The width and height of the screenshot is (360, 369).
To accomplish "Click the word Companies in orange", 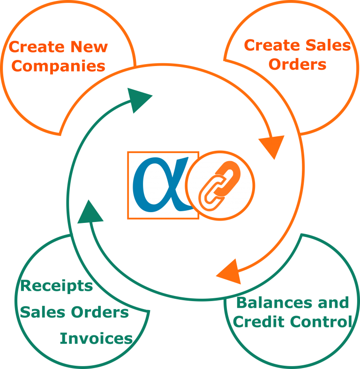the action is tap(58, 66).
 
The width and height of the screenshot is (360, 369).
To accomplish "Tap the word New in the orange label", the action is tap(89, 47).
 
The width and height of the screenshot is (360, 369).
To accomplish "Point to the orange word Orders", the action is tap(297, 64).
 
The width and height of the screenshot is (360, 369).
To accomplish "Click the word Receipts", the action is tap(57, 286).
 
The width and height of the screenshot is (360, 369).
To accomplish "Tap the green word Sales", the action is tap(42, 312).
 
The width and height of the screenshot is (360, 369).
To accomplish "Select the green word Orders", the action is tap(100, 312).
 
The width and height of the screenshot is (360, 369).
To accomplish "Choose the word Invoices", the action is tap(96, 339).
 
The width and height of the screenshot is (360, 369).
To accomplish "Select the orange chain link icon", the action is tap(219, 185).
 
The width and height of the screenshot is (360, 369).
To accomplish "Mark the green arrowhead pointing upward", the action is tap(90, 213).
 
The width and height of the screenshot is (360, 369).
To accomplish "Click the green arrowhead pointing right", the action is tap(139, 100).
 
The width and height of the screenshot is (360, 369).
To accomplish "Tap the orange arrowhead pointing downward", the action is tap(272, 147).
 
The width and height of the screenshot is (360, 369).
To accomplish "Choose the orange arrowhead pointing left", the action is tap(230, 272).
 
